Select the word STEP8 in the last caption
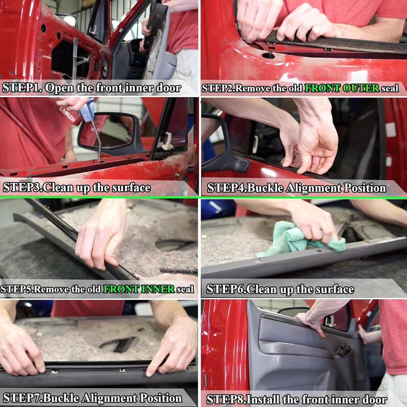click(223, 399)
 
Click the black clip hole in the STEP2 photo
click(269, 55)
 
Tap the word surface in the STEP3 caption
click(131, 188)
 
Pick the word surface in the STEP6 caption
click(334, 289)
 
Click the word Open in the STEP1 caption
click(58, 88)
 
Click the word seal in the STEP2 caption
click(390, 88)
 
